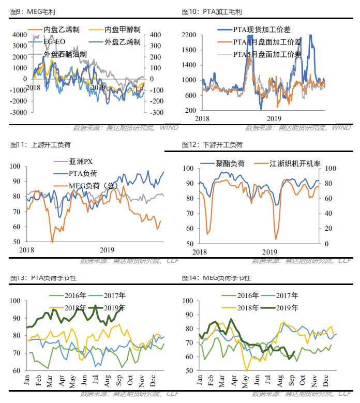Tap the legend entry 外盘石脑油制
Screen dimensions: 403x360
click(x=65, y=53)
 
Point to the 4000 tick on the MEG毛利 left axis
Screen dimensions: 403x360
click(x=20, y=35)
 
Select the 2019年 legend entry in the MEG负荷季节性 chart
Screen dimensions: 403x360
click(x=282, y=307)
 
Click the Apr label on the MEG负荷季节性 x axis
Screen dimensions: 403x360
click(x=232, y=381)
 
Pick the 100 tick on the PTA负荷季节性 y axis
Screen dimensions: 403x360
click(x=17, y=301)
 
